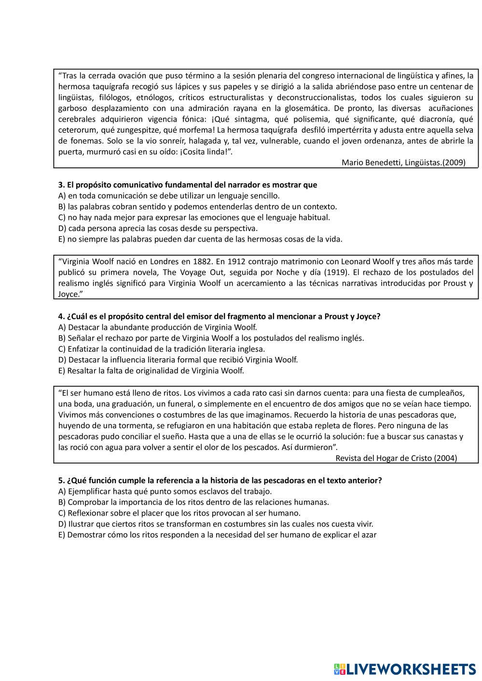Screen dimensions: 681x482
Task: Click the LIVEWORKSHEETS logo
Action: click(x=404, y=669)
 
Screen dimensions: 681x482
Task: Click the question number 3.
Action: click(x=61, y=185)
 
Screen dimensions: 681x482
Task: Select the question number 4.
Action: click(x=61, y=316)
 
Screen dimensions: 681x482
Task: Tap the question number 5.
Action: click(x=61, y=480)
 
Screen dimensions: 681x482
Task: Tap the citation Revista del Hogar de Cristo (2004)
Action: click(x=396, y=458)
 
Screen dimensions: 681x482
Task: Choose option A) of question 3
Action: click(x=168, y=196)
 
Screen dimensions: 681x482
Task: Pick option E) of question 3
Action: click(x=200, y=239)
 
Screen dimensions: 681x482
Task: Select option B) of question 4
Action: click(x=211, y=338)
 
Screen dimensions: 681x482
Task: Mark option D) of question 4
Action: click(x=178, y=360)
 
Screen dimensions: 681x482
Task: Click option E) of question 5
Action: click(x=217, y=535)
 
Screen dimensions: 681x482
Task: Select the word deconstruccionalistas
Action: click(x=316, y=97)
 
